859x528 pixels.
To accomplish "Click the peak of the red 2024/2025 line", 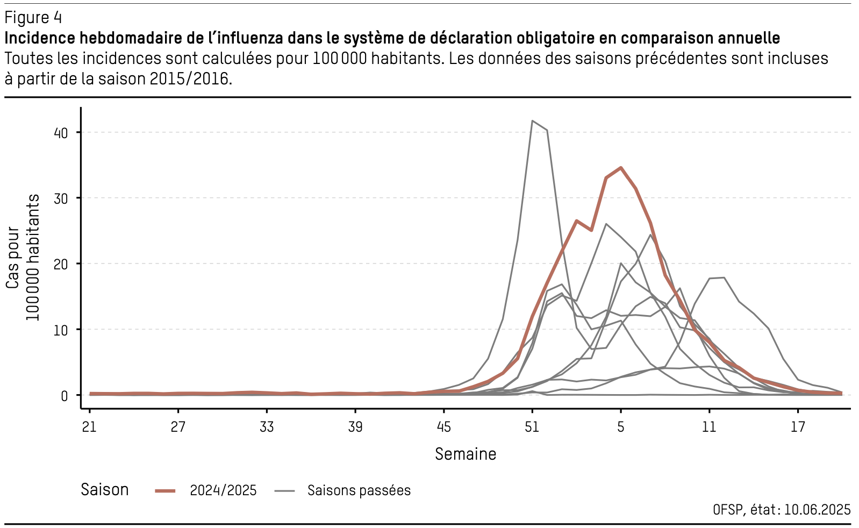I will [621, 168].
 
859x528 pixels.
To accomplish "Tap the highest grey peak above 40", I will [532, 121].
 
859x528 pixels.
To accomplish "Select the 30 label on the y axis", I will [61, 198].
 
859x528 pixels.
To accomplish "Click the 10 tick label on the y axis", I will [61, 330].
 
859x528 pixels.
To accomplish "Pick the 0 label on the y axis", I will [65, 396].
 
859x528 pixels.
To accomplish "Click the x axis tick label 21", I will [89, 427].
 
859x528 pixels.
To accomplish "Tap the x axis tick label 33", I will [267, 427].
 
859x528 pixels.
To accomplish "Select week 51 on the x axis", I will [532, 427].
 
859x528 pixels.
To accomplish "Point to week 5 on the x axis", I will [621, 427].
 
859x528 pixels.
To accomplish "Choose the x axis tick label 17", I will [798, 427].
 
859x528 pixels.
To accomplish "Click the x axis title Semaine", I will [466, 454].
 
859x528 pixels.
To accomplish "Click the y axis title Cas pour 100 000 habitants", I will [23, 257].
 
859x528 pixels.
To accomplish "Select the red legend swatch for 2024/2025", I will [165, 490].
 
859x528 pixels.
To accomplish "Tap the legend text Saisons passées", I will [359, 490].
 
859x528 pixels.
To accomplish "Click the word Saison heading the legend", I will [105, 490].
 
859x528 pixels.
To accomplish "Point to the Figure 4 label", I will [33, 18].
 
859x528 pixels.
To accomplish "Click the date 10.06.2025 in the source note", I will [817, 509].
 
